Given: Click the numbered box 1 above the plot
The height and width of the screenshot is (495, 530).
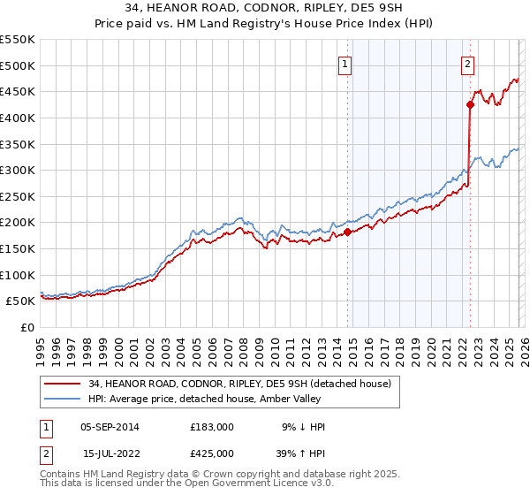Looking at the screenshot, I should (x=344, y=63).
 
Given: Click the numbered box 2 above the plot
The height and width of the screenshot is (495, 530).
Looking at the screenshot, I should (x=466, y=63).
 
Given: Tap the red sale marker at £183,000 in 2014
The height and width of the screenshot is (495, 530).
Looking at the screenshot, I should (x=347, y=232).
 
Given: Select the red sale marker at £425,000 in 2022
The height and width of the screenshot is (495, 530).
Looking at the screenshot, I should (x=470, y=104).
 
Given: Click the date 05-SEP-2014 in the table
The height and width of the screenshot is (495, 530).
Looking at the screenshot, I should (x=110, y=427).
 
